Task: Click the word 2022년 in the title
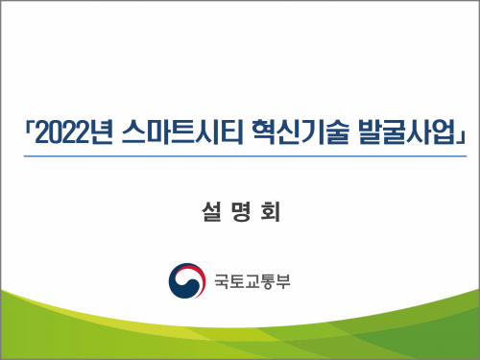[74, 132]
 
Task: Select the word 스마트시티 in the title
[183, 132]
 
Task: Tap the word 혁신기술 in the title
[300, 132]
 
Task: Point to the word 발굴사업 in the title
[406, 132]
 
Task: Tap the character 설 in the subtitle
[211, 212]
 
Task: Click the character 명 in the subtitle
[241, 212]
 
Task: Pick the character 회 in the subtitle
[271, 212]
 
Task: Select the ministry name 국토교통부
[252, 281]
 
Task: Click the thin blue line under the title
[245, 156]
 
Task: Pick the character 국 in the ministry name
[222, 281]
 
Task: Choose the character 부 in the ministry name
[283, 281]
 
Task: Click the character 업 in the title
[444, 132]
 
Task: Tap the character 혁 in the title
[263, 132]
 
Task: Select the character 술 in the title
[336, 132]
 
